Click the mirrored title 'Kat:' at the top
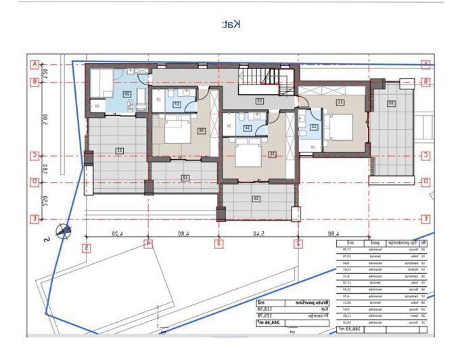[231, 24]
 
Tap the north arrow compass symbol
[64, 231]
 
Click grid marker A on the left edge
[34, 65]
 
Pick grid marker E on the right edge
[425, 219]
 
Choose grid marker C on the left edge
[34, 155]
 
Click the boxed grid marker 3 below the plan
[218, 243]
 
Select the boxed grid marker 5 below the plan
[87, 248]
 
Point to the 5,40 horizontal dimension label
[258, 233]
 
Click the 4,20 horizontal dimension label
[118, 233]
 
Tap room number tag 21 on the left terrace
[119, 150]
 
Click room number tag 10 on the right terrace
[390, 104]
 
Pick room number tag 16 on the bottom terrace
[256, 198]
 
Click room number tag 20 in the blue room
[126, 95]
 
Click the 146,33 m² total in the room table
[351, 328]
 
